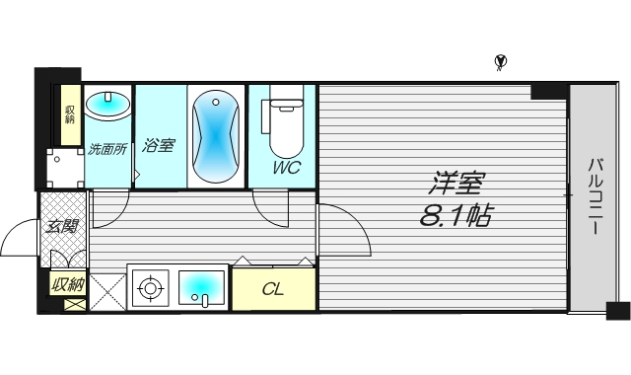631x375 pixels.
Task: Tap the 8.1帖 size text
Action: point(456,214)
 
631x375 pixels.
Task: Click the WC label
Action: point(287,168)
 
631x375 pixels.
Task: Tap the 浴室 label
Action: point(159,146)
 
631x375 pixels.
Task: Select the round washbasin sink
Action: point(106,104)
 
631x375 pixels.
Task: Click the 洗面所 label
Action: point(106,150)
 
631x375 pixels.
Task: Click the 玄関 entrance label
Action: point(62,227)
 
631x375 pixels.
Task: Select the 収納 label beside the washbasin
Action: point(70,113)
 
